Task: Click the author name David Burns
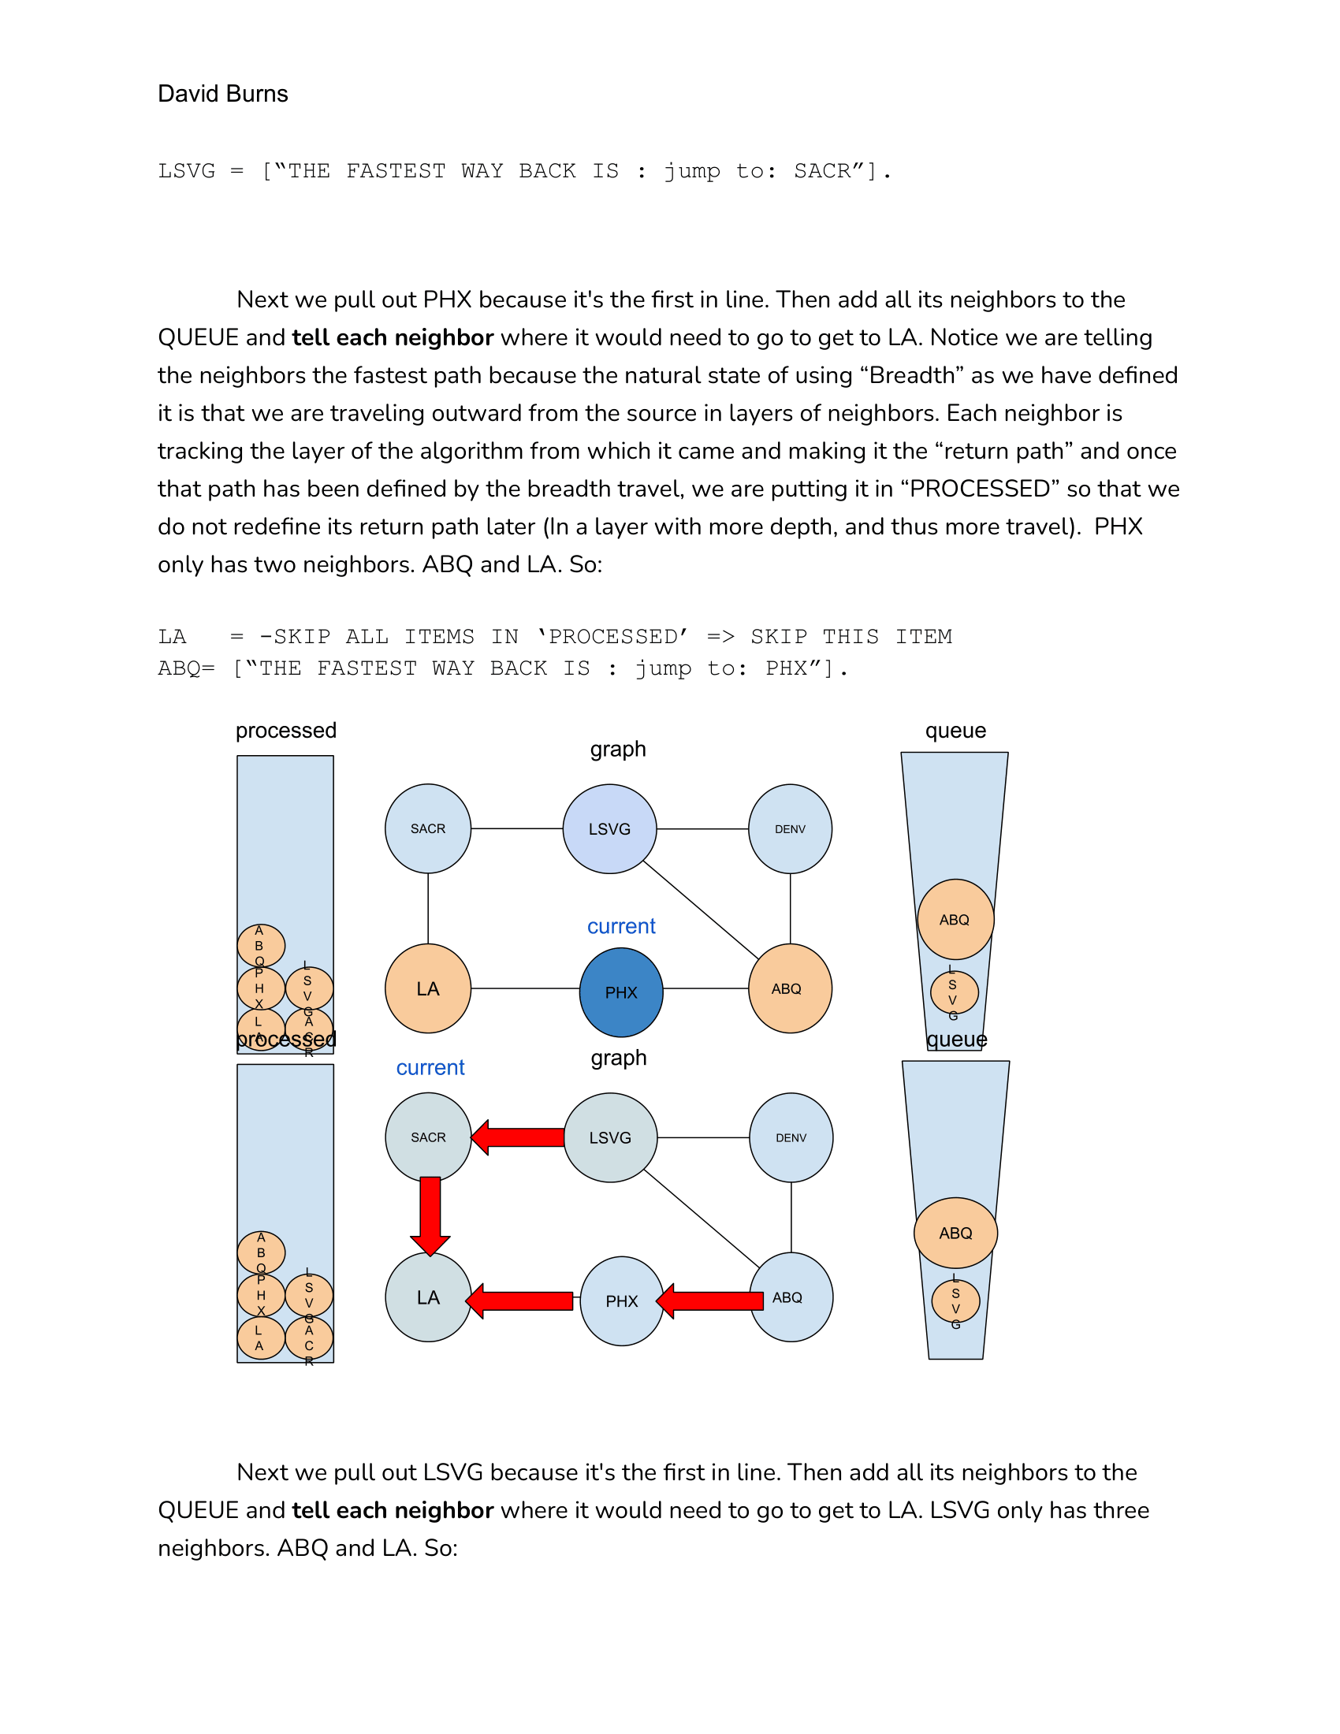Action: (x=222, y=94)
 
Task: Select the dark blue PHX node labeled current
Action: (x=621, y=992)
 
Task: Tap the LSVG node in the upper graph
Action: (x=609, y=828)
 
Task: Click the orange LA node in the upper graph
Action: (x=427, y=988)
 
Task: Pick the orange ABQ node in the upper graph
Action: (x=789, y=988)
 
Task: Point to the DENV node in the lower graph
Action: (x=791, y=1137)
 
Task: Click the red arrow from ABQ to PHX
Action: (x=710, y=1300)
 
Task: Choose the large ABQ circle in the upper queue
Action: (x=955, y=918)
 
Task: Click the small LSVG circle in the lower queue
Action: (x=955, y=1300)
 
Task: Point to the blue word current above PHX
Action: (x=621, y=926)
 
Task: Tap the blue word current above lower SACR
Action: (x=430, y=1067)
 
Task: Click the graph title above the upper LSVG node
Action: (x=618, y=749)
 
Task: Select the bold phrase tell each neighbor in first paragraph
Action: (x=393, y=337)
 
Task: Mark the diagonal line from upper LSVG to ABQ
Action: (x=700, y=909)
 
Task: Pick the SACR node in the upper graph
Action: (x=427, y=828)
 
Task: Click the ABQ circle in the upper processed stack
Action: (x=260, y=945)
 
